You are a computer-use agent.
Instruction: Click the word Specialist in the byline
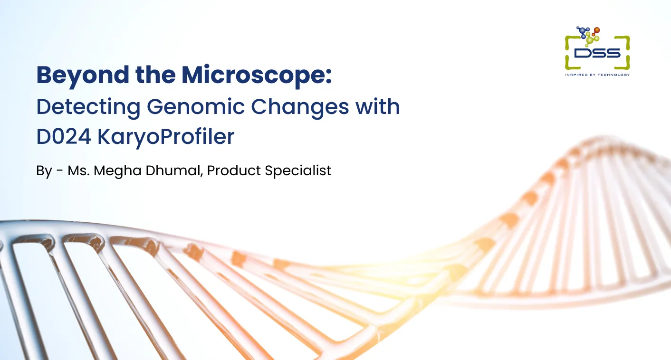298,171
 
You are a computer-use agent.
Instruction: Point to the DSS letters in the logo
597,53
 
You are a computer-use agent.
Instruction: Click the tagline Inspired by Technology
597,75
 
